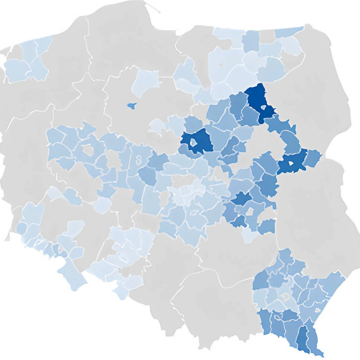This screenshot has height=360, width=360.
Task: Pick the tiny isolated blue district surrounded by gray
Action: coord(131,104)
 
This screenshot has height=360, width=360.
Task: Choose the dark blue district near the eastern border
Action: coord(292,162)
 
